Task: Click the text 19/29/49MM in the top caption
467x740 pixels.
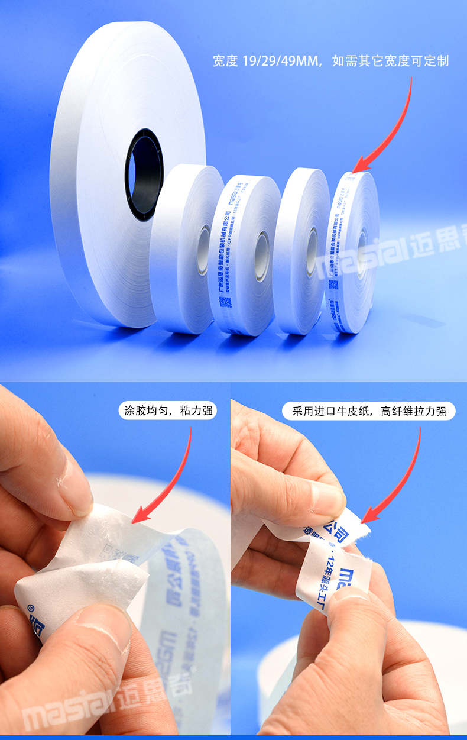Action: tap(278, 62)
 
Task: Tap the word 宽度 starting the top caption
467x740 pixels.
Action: tap(226, 62)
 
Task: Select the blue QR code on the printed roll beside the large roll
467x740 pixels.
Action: tap(225, 303)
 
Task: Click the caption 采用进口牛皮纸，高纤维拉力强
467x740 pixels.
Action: tap(369, 411)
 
